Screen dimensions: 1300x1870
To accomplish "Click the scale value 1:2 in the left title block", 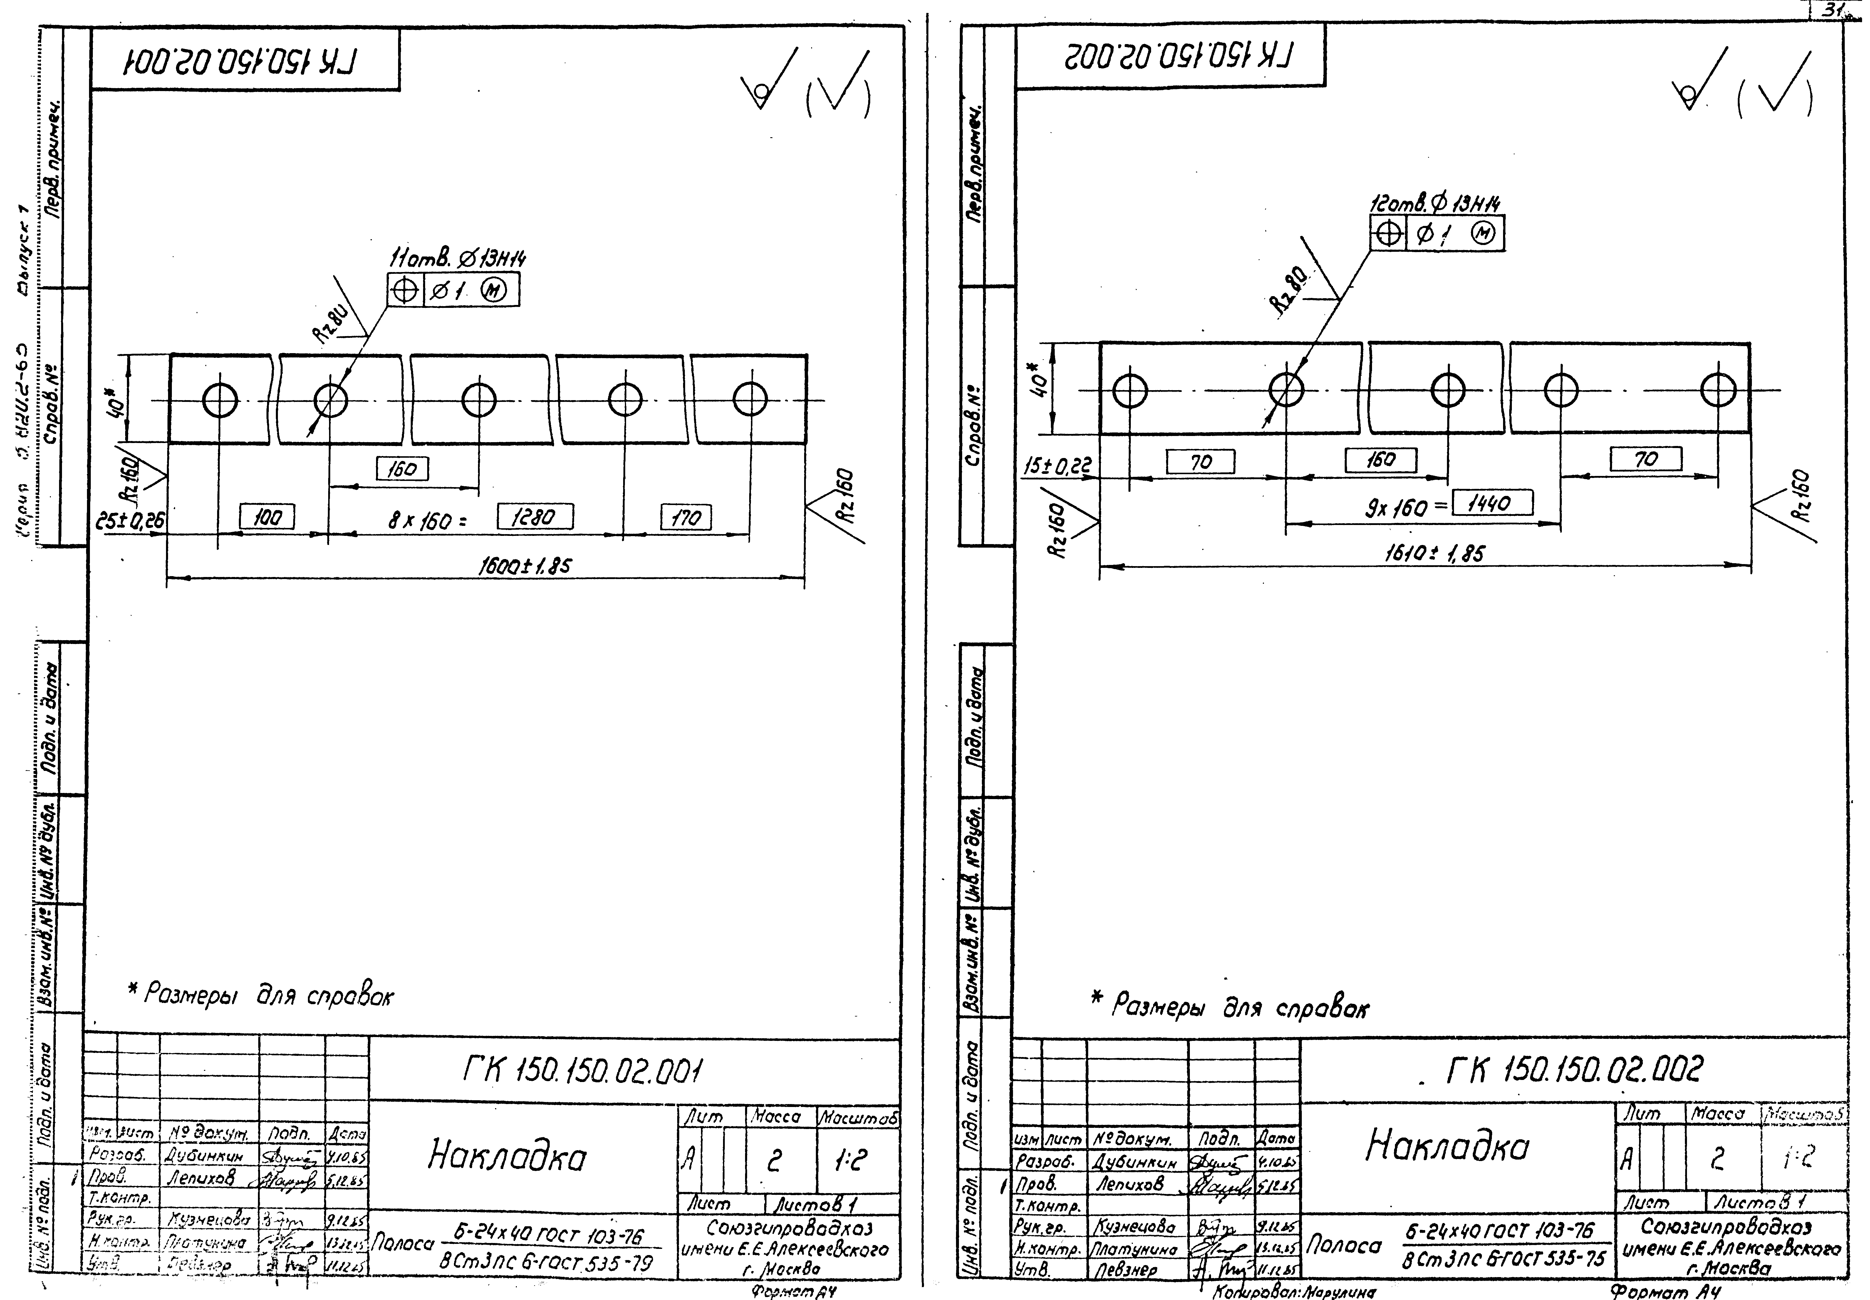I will (856, 1162).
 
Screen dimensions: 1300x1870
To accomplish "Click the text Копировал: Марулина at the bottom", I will (1293, 1292).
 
